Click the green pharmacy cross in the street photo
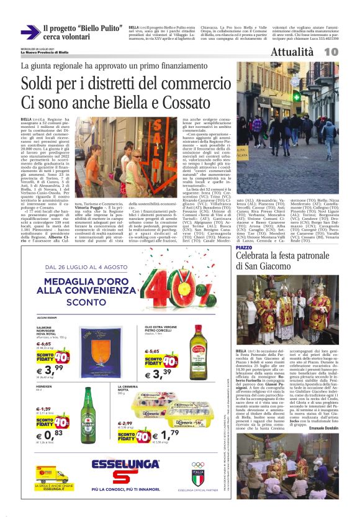(315, 96)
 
